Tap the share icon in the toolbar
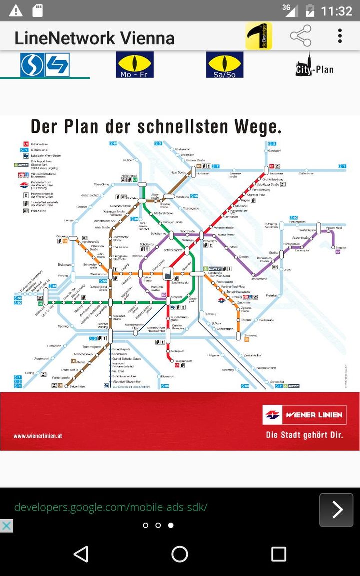tap(300, 36)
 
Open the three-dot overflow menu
tap(340, 36)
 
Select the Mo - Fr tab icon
tap(135, 65)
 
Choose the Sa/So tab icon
tap(225, 65)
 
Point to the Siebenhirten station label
tap(77, 386)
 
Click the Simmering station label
tap(251, 335)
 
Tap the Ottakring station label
tap(62, 236)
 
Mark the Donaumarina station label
tap(259, 279)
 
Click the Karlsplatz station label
tap(176, 297)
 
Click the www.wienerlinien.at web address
tap(38, 436)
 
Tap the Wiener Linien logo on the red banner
tap(304, 414)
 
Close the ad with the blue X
tap(6, 526)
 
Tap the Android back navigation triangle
tap(81, 554)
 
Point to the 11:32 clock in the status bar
tap(336, 11)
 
